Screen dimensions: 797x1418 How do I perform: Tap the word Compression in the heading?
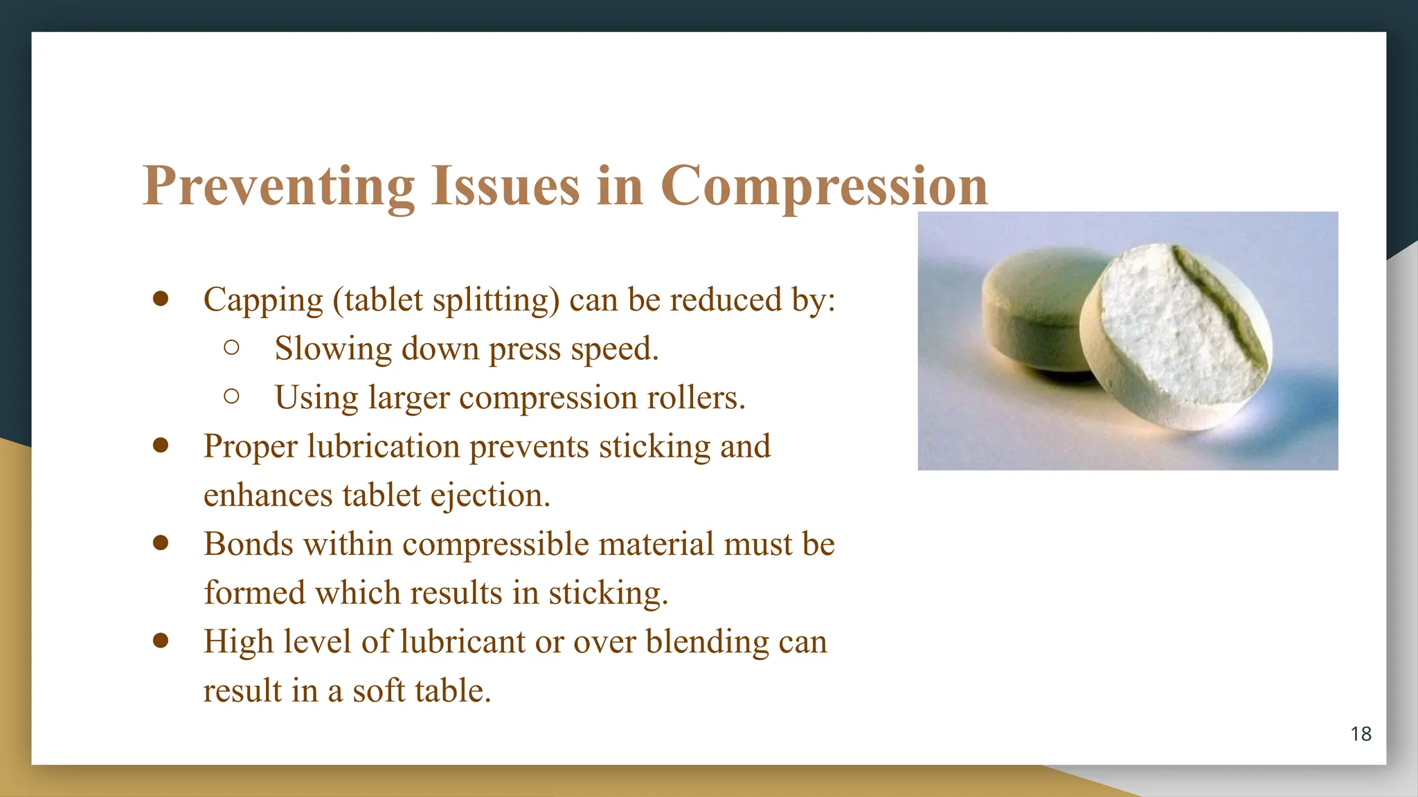click(824, 186)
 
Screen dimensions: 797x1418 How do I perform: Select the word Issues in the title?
click(505, 186)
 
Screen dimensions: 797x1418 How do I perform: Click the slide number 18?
click(1361, 734)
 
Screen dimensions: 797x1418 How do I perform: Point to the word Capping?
click(263, 300)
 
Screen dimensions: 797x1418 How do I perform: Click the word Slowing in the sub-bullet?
click(333, 349)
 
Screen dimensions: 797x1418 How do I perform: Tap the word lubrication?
click(384, 446)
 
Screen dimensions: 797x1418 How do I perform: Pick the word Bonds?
click(249, 544)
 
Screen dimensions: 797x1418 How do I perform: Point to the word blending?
click(707, 642)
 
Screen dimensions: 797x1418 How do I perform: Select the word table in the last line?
click(451, 690)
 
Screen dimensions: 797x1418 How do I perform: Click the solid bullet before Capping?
click(161, 299)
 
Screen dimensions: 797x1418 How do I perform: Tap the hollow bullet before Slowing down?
click(232, 347)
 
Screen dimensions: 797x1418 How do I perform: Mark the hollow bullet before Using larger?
click(232, 396)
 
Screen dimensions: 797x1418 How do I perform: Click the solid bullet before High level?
click(161, 641)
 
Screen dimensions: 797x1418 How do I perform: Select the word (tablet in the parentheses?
click(378, 300)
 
